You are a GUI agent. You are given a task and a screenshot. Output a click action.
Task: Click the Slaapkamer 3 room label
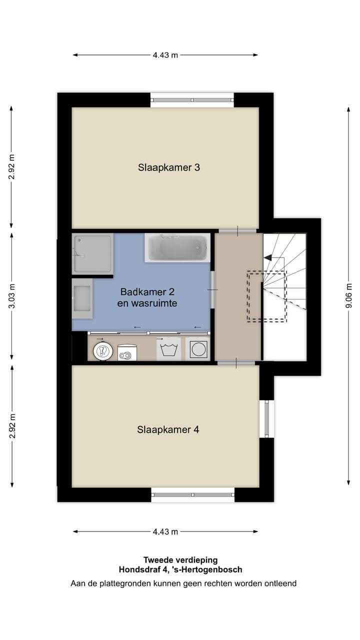[169, 167]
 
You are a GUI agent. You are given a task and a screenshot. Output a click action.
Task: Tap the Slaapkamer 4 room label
[168, 429]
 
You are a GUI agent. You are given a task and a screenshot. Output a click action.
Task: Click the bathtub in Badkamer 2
[177, 248]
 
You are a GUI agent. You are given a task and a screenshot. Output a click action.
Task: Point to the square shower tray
[93, 254]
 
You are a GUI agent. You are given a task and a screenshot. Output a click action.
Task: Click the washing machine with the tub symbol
[169, 348]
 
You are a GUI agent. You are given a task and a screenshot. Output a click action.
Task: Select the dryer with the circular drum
[198, 348]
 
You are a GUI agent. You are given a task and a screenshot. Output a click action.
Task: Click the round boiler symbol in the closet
[103, 350]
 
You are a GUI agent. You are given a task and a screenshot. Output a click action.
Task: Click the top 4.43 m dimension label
[165, 55]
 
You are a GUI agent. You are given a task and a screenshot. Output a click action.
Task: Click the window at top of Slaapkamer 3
[192, 100]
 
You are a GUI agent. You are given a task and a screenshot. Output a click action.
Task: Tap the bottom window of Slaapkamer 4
[192, 494]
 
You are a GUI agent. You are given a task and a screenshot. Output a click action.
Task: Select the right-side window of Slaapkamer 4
[266, 418]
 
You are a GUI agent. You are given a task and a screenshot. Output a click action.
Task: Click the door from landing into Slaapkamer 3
[238, 231]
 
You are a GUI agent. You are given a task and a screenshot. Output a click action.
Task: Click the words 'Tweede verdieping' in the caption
[180, 560]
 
